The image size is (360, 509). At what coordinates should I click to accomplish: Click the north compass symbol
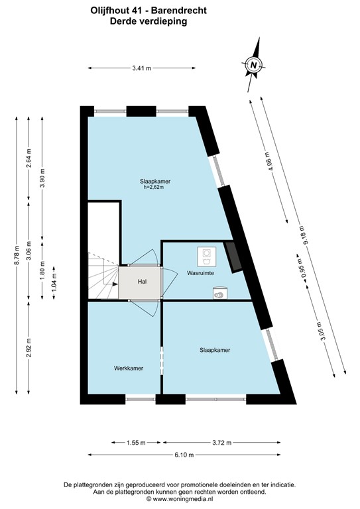coord(253,64)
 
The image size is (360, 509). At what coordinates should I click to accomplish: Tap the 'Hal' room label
coord(141,282)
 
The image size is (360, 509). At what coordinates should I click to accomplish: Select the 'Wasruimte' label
coord(200,272)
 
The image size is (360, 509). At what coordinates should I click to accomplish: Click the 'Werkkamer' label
coord(129,367)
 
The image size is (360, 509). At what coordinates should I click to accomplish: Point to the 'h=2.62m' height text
coord(153,188)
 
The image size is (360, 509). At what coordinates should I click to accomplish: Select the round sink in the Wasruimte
coord(219,291)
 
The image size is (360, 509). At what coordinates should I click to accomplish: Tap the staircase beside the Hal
coord(103,278)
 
